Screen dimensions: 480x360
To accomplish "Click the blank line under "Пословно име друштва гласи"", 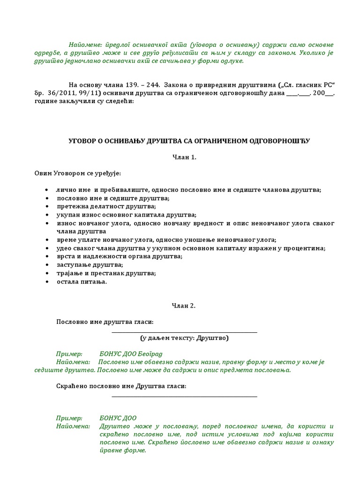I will coord(184,332).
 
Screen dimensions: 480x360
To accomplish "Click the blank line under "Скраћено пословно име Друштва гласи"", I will coord(184,397).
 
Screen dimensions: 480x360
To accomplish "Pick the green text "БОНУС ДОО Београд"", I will coord(134,353).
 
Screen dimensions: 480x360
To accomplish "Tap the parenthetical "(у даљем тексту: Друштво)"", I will coord(184,338).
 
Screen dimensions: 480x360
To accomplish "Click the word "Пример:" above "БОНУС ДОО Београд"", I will coord(69,353).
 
